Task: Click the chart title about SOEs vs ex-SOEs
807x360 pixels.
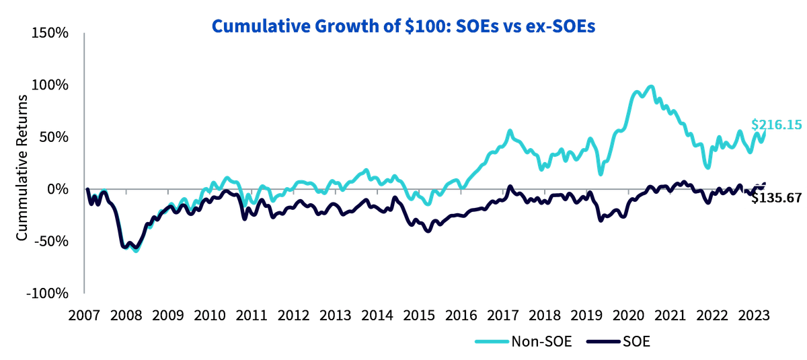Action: point(403,26)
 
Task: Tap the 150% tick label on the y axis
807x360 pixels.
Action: point(50,33)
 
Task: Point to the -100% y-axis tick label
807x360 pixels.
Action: point(47,293)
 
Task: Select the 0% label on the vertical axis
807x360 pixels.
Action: point(58,189)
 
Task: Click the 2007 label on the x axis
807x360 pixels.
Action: point(84,316)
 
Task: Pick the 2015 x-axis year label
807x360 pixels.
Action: point(419,316)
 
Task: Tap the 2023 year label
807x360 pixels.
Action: point(754,316)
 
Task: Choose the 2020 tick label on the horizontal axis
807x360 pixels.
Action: point(629,316)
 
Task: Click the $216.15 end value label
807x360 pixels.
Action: point(776,124)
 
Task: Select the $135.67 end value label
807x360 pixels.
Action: point(776,198)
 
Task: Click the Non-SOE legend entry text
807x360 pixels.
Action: point(541,342)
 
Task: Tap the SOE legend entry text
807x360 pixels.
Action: point(637,342)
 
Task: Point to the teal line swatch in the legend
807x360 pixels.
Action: point(492,342)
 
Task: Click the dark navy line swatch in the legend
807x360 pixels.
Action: point(603,342)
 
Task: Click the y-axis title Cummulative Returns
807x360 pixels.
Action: point(22,168)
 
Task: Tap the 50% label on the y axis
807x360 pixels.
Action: point(54,137)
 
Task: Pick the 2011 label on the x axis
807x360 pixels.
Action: point(252,316)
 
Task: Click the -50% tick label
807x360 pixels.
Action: point(51,241)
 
